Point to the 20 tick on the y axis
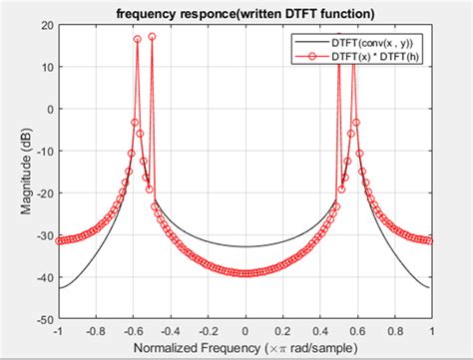pyautogui.click(x=45, y=26)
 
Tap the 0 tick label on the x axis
pyautogui.click(x=245, y=331)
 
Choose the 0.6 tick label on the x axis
pyautogui.click(x=357, y=331)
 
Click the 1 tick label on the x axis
pyautogui.click(x=432, y=331)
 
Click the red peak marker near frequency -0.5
pyautogui.click(x=152, y=36)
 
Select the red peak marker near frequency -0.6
pyautogui.click(x=138, y=40)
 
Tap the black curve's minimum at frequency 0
pyautogui.click(x=245, y=246)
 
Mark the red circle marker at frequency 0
pyautogui.click(x=245, y=272)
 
